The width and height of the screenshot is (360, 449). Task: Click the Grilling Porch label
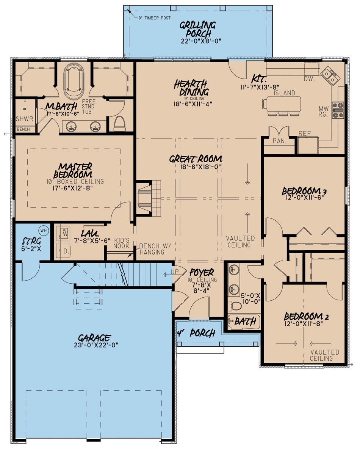(x=197, y=29)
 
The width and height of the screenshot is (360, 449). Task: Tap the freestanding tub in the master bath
(x=74, y=80)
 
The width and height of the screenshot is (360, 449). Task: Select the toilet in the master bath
(x=119, y=123)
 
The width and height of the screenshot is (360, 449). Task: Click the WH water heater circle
(x=43, y=230)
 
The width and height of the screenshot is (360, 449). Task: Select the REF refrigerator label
(x=305, y=133)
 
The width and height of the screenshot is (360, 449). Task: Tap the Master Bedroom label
(x=75, y=170)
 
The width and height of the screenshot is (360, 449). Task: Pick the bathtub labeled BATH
(x=244, y=322)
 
